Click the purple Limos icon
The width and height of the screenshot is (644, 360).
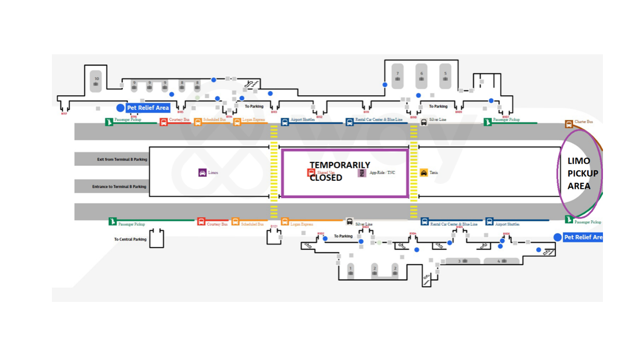(x=202, y=173)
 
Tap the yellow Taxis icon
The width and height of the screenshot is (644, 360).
(x=424, y=173)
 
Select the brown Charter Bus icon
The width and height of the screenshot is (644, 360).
(x=569, y=124)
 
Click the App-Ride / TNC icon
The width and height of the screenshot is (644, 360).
(x=362, y=173)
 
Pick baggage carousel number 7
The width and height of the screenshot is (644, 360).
(x=398, y=76)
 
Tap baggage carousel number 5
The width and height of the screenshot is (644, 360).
(x=445, y=76)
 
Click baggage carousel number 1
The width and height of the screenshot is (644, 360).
(x=351, y=270)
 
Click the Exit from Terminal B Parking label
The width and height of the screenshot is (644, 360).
(x=122, y=159)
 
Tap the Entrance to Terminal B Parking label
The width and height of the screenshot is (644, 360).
(x=119, y=187)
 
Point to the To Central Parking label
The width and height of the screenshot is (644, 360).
(x=130, y=239)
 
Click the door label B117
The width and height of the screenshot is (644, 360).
(x=64, y=114)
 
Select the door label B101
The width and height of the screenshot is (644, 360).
(x=274, y=226)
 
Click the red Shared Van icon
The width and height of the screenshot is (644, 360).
(x=311, y=173)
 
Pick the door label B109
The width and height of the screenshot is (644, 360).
(x=459, y=112)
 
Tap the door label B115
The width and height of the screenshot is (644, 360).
(x=180, y=112)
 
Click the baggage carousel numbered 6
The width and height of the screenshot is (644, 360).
(x=421, y=76)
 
